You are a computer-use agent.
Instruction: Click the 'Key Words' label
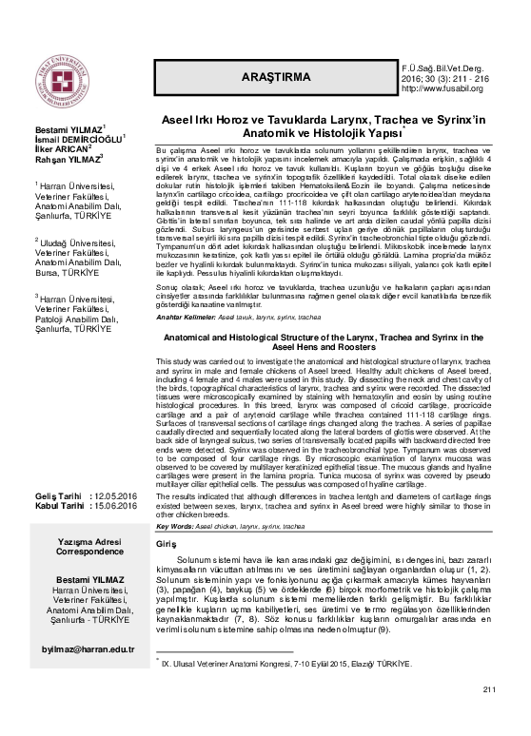point(175,525)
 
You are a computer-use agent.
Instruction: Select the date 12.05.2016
point(118,495)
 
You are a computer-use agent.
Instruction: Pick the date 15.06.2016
point(118,506)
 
